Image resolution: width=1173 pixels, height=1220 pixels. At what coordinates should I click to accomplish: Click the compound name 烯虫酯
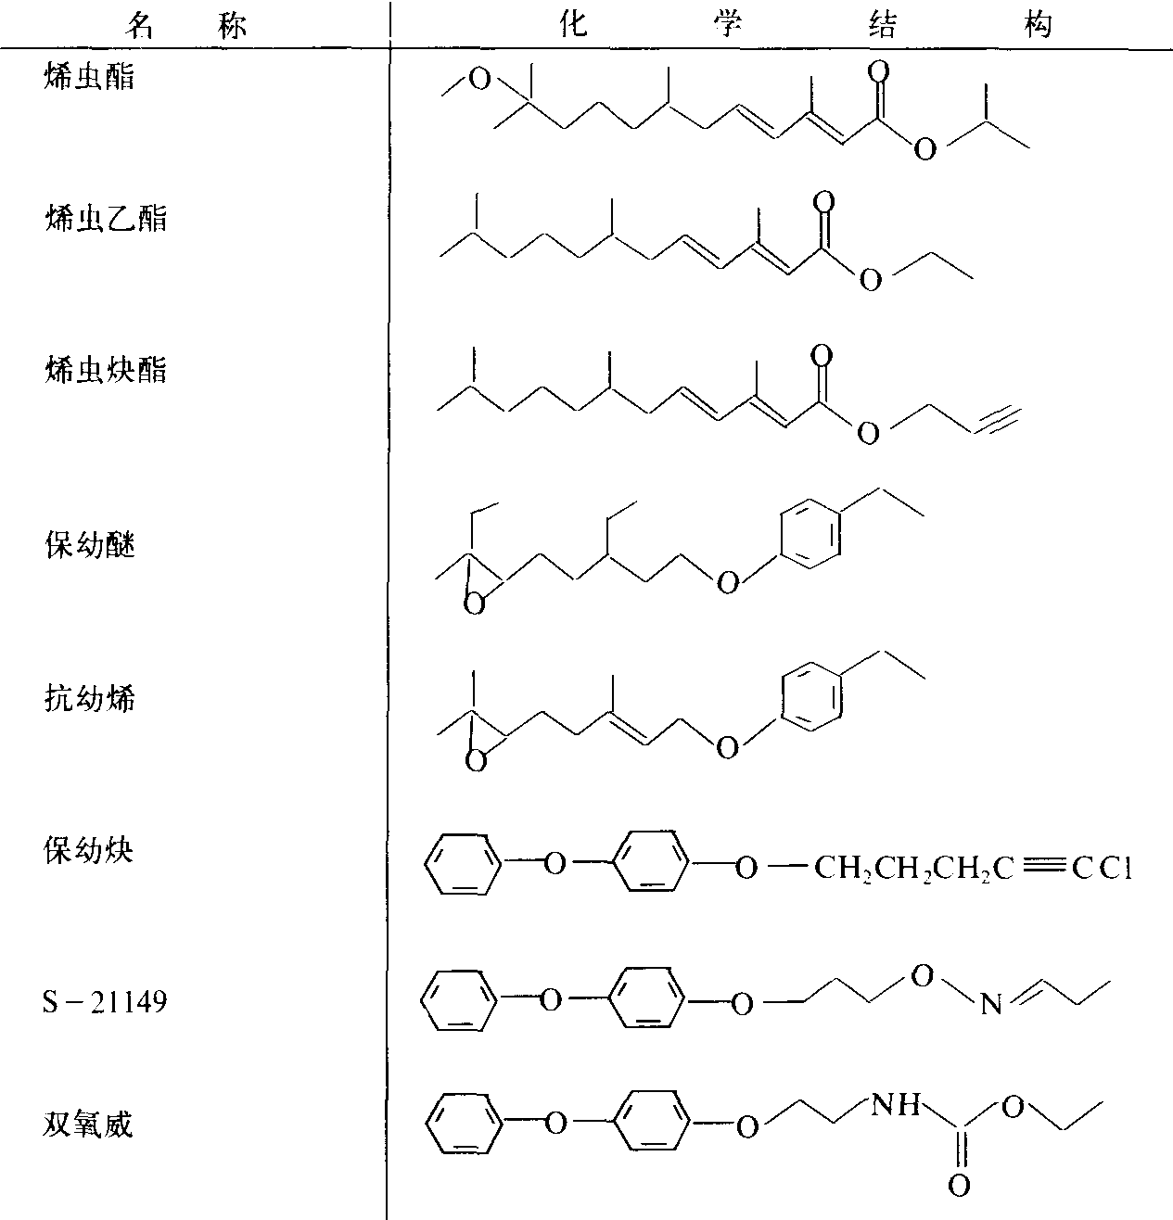[x=89, y=77]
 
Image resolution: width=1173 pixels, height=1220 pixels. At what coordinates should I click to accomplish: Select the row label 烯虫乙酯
[x=106, y=219]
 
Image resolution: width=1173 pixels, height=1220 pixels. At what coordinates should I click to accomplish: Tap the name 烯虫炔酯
[x=106, y=369]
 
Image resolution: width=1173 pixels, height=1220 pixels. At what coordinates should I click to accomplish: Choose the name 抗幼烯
[x=90, y=698]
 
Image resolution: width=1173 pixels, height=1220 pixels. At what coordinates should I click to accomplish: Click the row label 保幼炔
[x=88, y=851]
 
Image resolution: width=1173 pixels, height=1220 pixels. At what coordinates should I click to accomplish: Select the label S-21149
[x=105, y=1001]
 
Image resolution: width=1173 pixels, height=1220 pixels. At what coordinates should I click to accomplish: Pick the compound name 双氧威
[x=88, y=1125]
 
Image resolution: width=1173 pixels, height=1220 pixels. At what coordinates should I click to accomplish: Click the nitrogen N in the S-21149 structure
[x=990, y=1005]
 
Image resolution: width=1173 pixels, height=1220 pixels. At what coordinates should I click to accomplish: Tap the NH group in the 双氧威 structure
[x=896, y=1105]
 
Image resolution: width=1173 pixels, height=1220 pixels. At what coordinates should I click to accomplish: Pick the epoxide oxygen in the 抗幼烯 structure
[x=476, y=762]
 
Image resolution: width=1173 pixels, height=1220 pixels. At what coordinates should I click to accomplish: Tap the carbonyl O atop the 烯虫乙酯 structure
[x=823, y=202]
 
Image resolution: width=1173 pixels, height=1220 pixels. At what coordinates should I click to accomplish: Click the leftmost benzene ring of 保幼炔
[x=464, y=863]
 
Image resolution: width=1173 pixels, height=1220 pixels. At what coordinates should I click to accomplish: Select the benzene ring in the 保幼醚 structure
[x=810, y=533]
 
